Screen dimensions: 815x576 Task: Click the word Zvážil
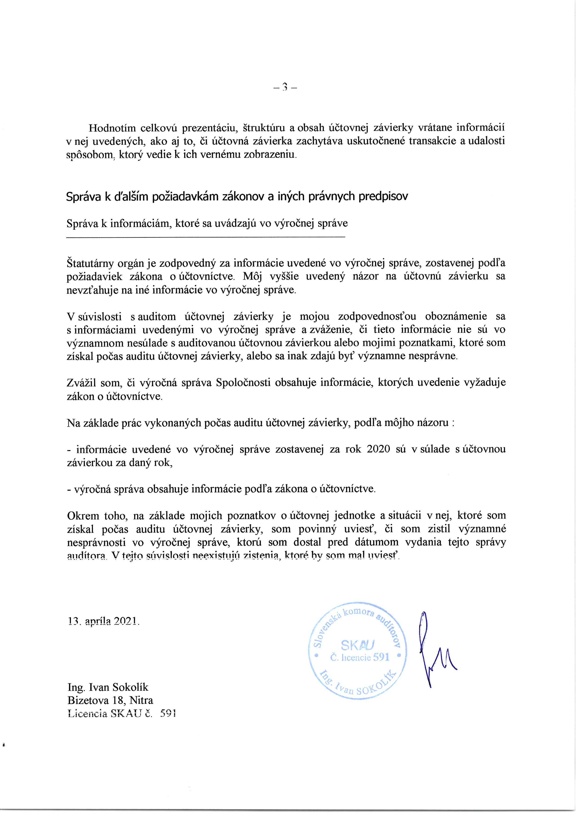click(x=80, y=383)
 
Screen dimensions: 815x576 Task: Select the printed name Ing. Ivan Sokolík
click(x=108, y=687)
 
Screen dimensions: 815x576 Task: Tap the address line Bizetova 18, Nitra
click(x=110, y=700)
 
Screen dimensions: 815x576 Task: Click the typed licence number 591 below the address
click(x=168, y=713)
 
